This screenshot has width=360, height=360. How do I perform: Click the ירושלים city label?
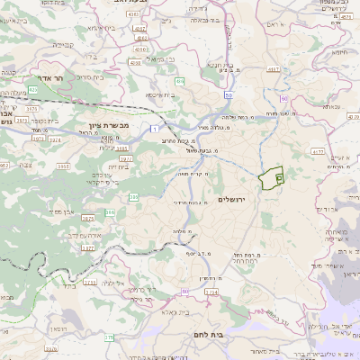click(x=238, y=200)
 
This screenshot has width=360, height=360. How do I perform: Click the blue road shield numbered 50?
click(x=229, y=94)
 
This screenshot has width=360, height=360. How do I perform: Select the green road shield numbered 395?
click(x=134, y=196)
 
